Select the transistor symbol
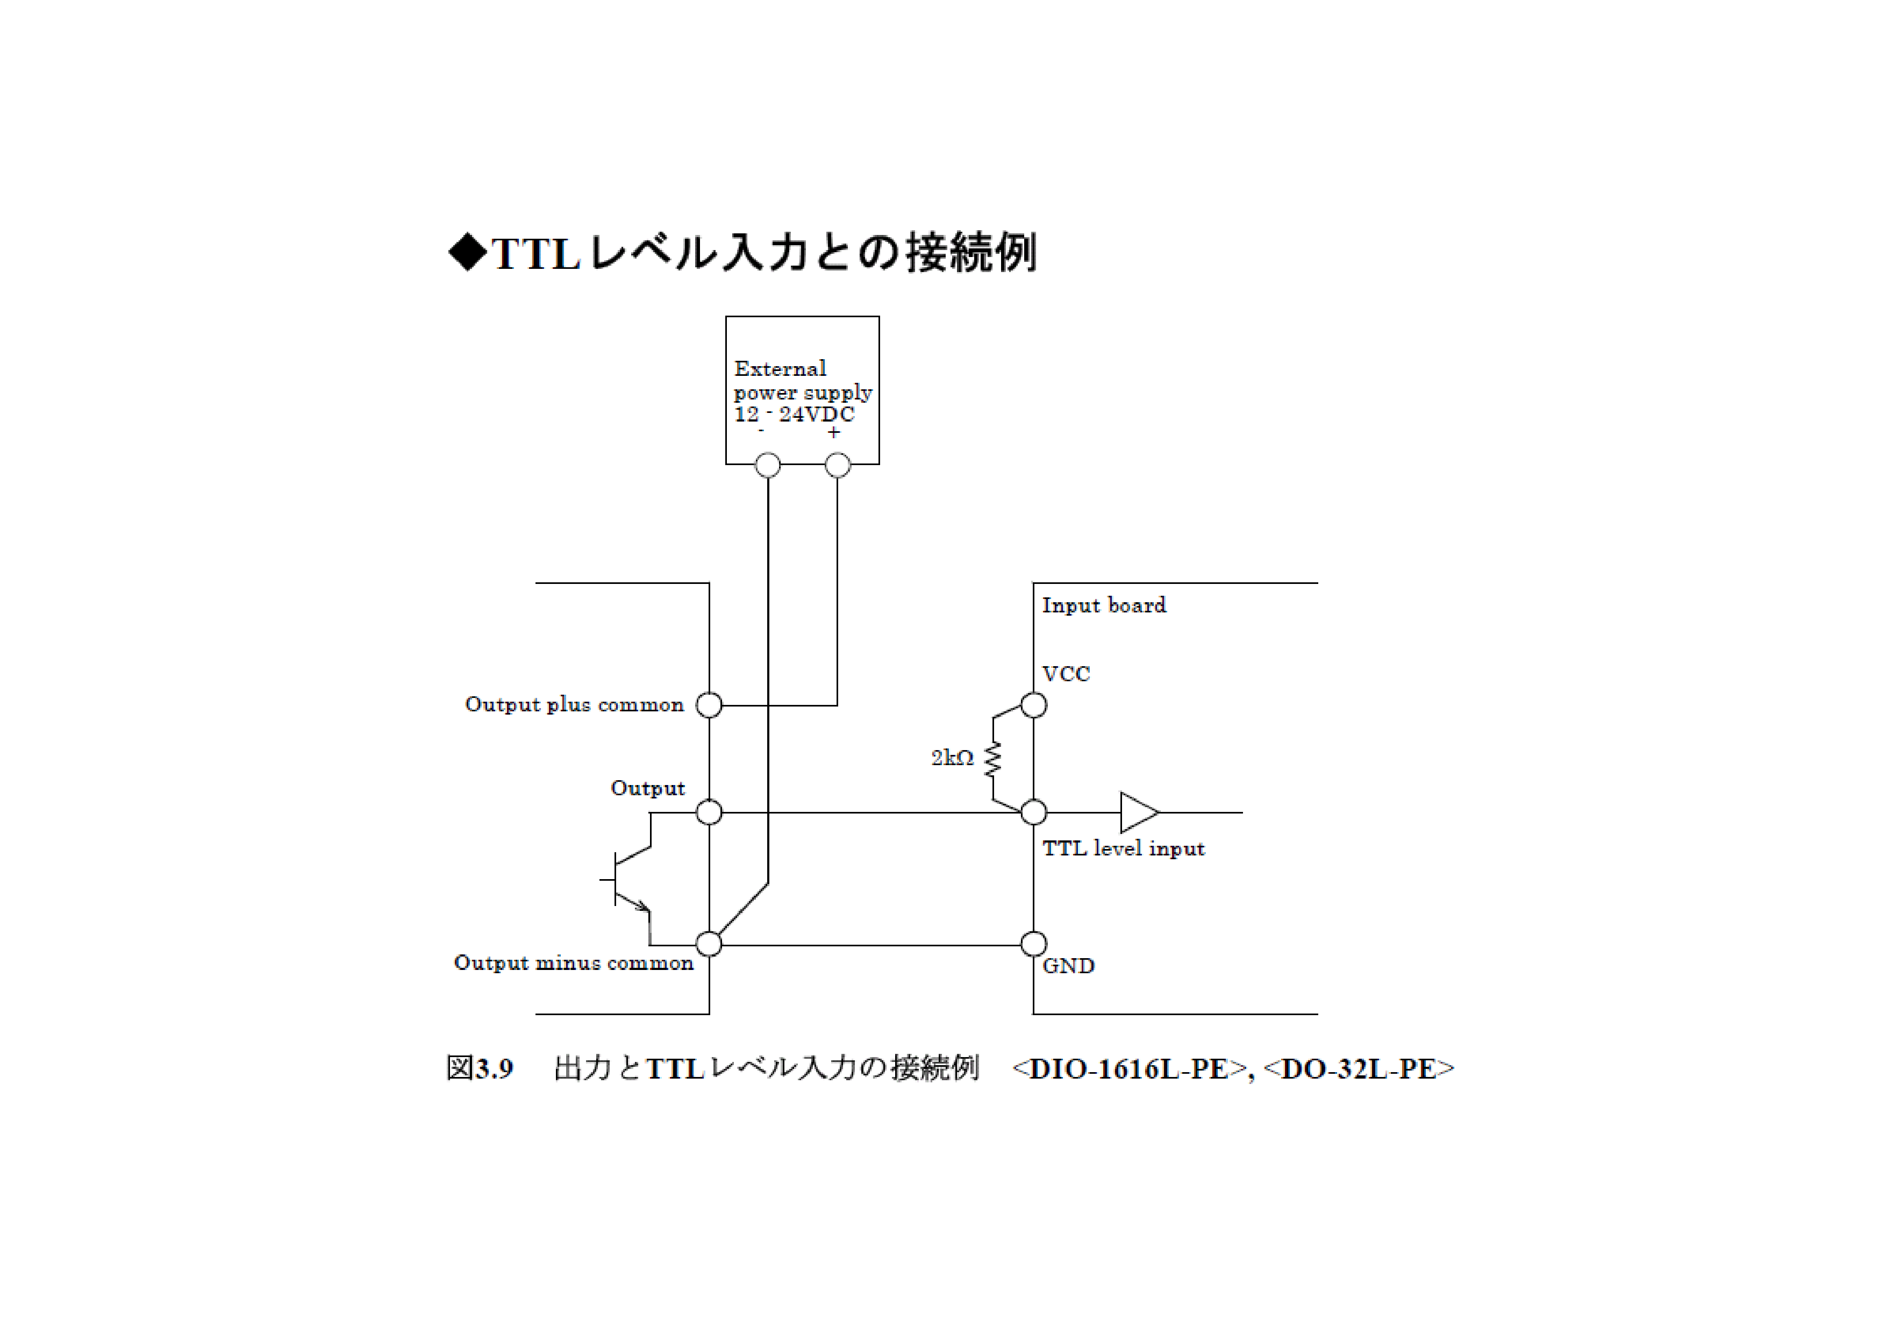[x=628, y=880]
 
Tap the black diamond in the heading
[x=468, y=252]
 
